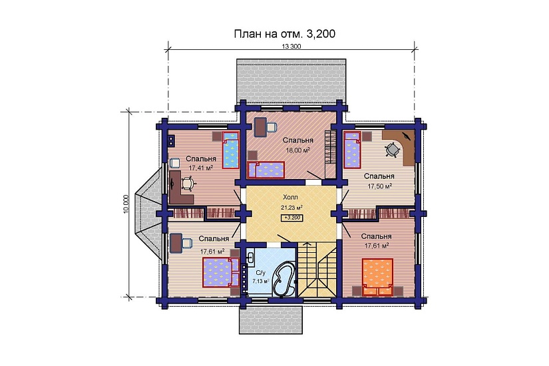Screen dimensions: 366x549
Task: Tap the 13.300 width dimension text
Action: [291, 47]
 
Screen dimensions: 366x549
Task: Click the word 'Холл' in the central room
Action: [291, 198]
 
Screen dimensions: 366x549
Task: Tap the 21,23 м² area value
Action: [291, 208]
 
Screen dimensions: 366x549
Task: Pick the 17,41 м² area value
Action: [200, 168]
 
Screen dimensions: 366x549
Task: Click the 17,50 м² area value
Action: [379, 186]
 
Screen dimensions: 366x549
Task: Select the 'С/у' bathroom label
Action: [260, 273]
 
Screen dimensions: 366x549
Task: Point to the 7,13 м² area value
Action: [260, 281]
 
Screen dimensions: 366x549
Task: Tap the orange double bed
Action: [377, 275]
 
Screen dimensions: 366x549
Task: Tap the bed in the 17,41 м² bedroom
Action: [229, 150]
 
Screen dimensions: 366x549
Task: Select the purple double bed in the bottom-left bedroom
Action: [219, 272]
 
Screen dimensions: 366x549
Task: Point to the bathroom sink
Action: [250, 256]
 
